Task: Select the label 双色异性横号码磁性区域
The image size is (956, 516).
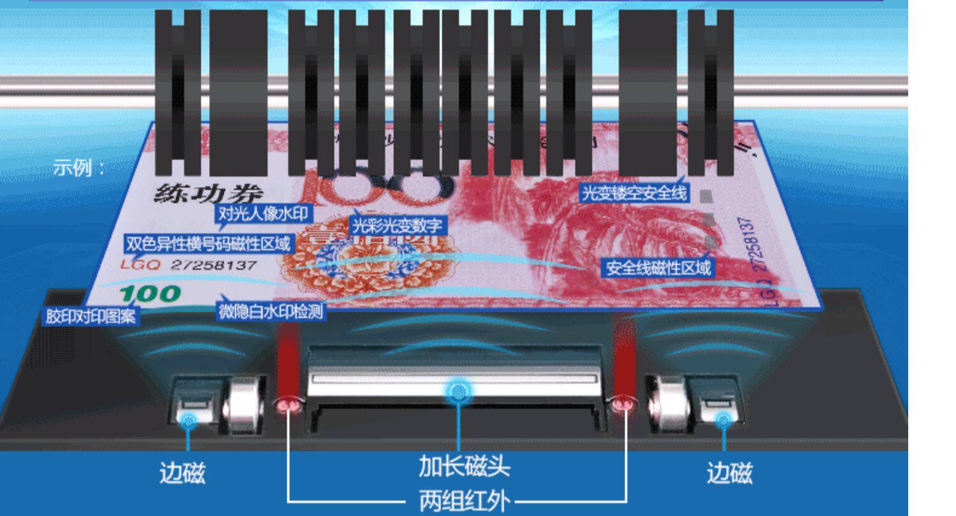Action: point(208,243)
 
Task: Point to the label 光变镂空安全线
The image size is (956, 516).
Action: point(633,192)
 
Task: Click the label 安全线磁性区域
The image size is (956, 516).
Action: point(658,268)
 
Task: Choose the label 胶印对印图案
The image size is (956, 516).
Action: point(91,316)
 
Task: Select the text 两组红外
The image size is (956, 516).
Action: point(464,501)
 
